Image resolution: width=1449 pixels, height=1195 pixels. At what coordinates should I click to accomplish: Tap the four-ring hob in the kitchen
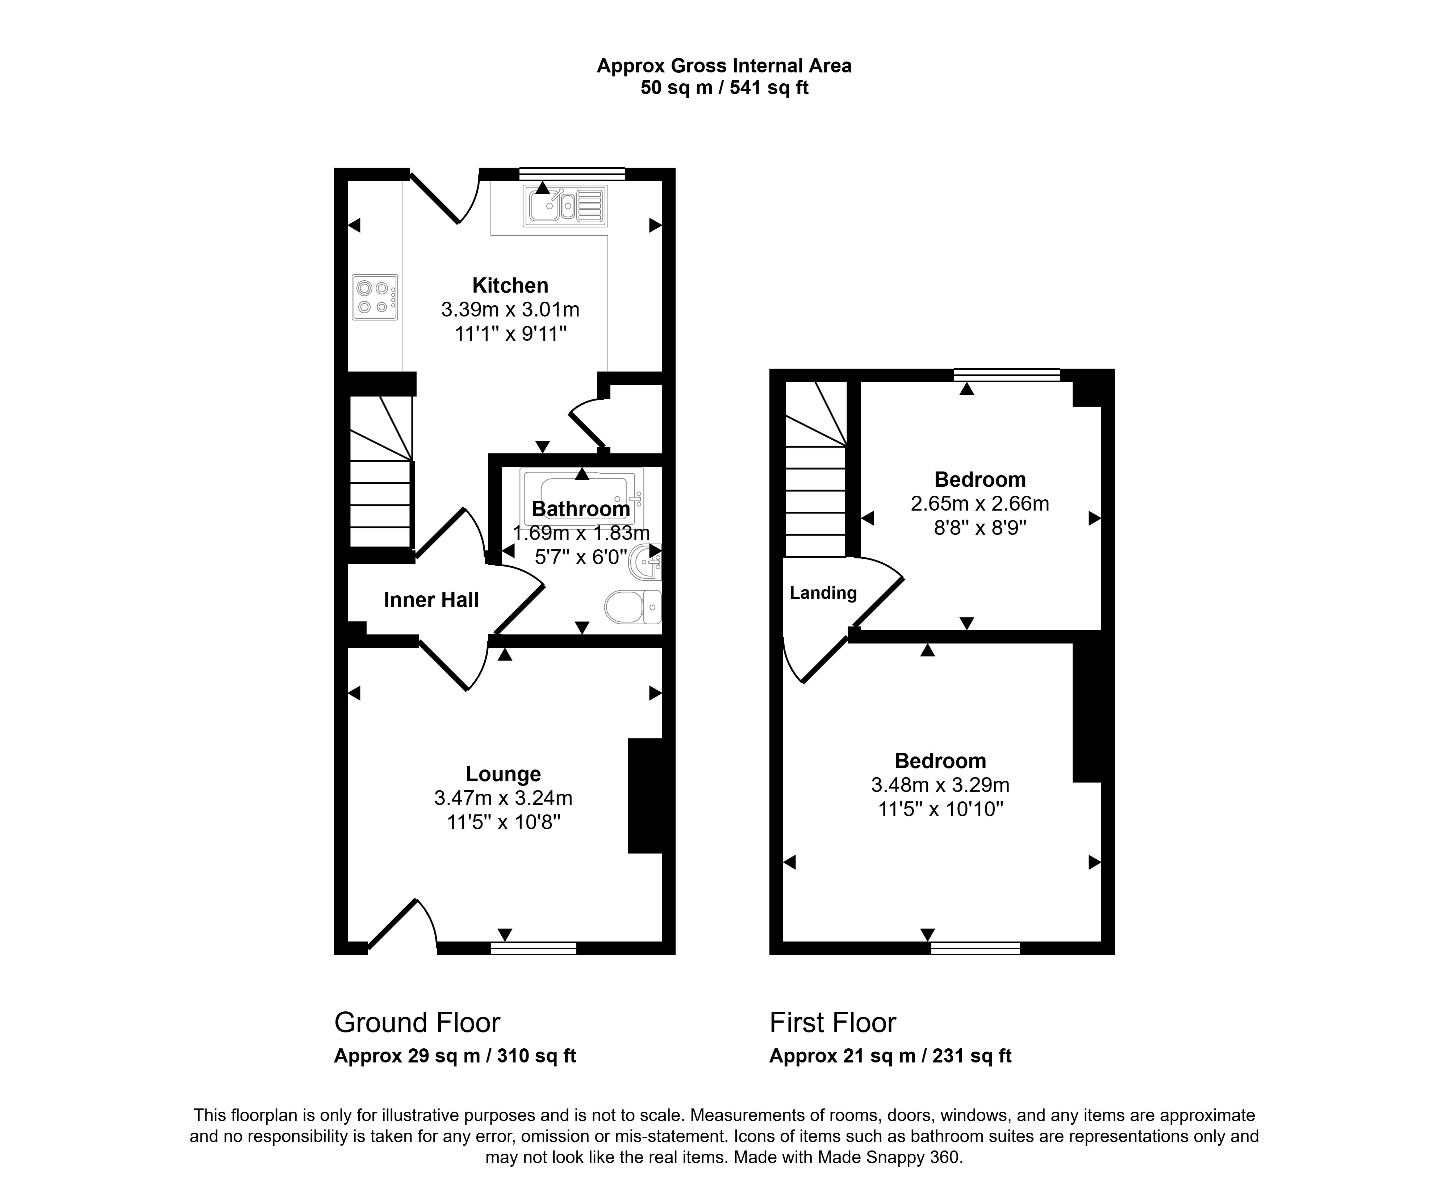point(375,297)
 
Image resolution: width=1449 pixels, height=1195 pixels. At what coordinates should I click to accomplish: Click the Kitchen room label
point(510,285)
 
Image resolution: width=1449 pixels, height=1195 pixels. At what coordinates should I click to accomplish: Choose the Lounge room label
point(504,774)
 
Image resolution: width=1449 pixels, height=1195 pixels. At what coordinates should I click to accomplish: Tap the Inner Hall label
point(431,600)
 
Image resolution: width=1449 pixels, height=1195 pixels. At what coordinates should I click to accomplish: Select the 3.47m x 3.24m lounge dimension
point(504,798)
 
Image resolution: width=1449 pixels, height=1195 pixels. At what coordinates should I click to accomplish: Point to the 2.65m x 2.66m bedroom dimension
point(980,503)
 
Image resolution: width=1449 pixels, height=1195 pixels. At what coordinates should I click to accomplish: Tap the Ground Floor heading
point(417,1023)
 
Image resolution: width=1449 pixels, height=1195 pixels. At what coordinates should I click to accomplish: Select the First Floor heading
point(832,1023)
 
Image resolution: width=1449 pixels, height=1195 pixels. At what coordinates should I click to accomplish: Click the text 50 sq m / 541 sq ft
point(724,88)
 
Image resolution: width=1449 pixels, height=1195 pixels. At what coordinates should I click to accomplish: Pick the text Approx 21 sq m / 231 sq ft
point(890,1056)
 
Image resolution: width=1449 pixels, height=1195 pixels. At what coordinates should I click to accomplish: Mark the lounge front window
point(533,948)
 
